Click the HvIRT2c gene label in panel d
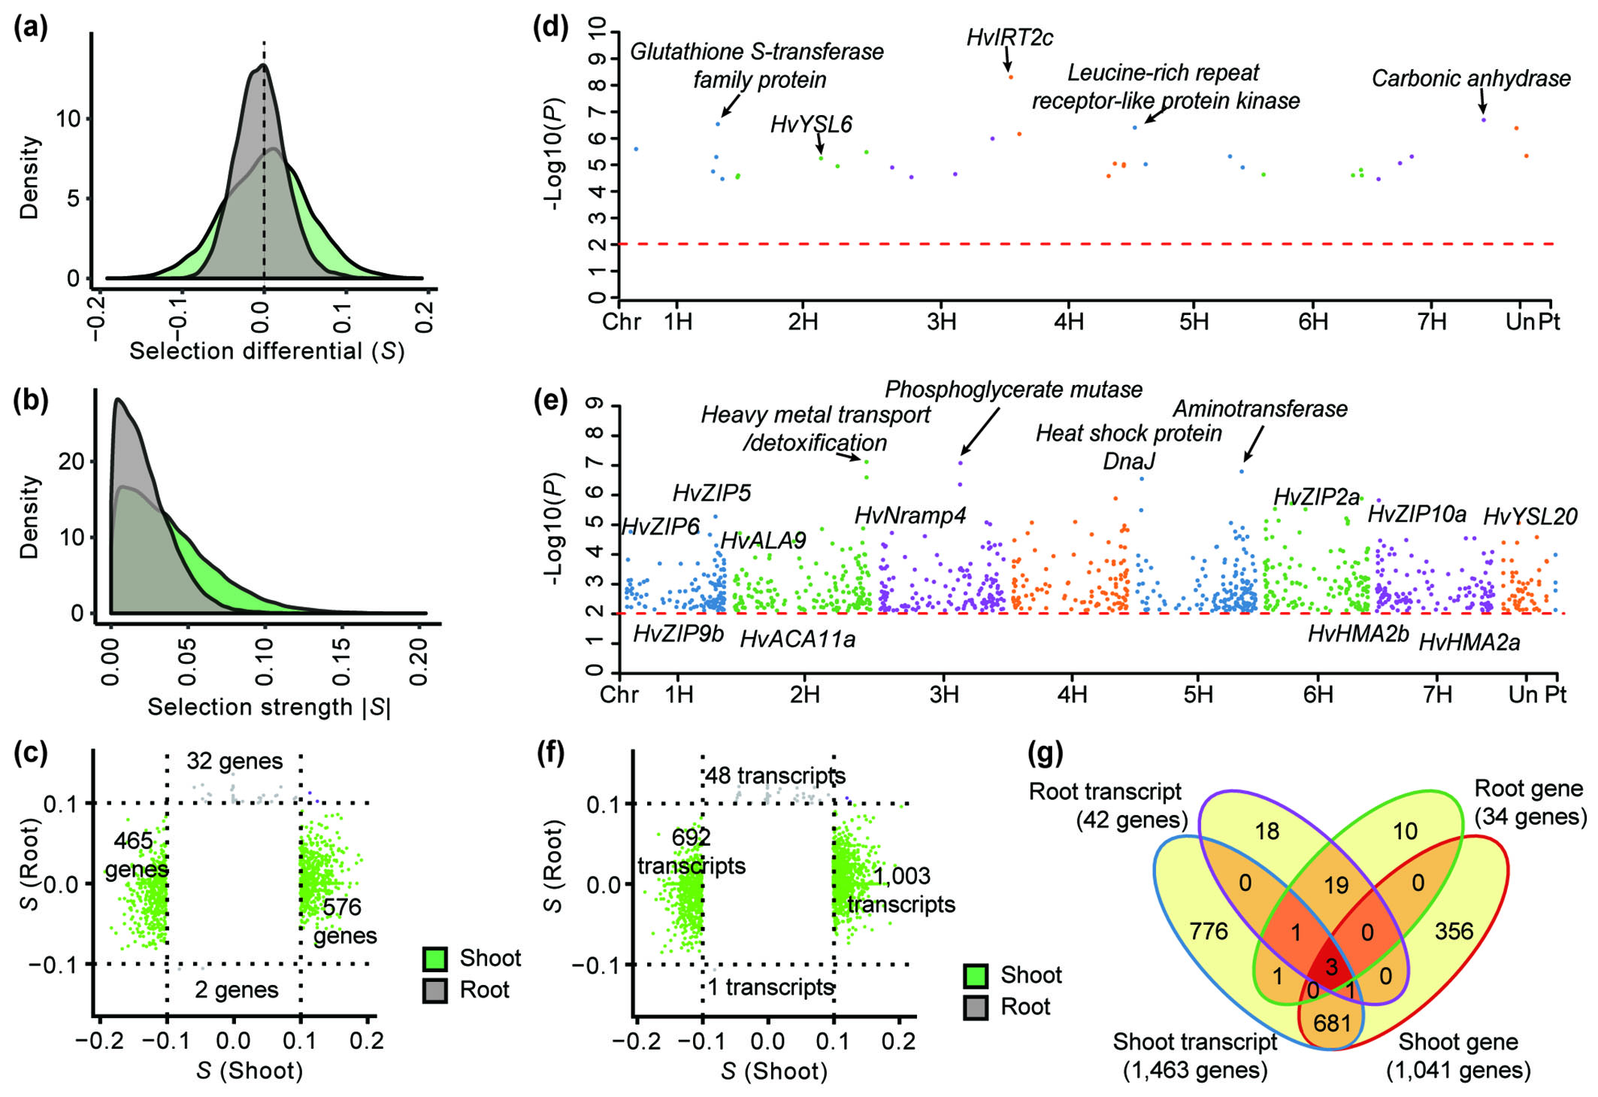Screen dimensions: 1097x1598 tap(1009, 38)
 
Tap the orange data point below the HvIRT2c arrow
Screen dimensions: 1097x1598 tap(1011, 77)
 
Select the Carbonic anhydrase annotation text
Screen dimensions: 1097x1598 tap(1470, 78)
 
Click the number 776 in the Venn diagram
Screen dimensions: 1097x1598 tap(1209, 932)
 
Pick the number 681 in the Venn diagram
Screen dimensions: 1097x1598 tap(1332, 1023)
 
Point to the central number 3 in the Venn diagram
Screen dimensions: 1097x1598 tap(1331, 966)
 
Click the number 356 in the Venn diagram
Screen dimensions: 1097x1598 tap(1454, 932)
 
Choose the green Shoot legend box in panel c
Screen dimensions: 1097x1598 tap(435, 958)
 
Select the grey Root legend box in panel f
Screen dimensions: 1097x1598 tap(976, 1007)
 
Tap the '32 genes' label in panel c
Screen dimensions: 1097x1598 tap(235, 761)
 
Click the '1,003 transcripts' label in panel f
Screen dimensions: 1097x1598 tap(901, 890)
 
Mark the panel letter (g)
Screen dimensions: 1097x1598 tap(1045, 753)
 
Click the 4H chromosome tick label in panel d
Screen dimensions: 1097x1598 tap(1069, 322)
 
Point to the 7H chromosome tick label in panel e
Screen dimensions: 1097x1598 tap(1437, 694)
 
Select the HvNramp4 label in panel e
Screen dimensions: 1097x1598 tap(909, 515)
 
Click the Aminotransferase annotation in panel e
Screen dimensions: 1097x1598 tap(1260, 409)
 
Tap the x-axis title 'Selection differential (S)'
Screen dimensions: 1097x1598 tap(267, 351)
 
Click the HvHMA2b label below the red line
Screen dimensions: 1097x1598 tap(1357, 634)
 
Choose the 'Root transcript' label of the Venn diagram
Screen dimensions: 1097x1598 tap(1105, 792)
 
